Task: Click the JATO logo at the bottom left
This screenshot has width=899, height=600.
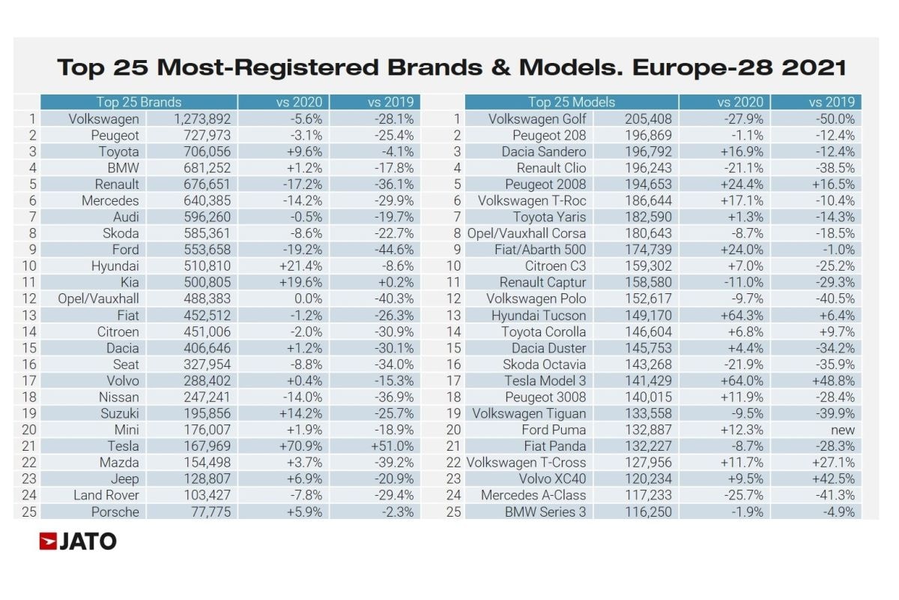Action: pos(78,541)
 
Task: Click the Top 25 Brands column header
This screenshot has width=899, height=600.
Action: pos(139,103)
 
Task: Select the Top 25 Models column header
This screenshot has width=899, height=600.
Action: pos(572,103)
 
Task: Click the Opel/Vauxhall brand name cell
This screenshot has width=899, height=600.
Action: pos(98,298)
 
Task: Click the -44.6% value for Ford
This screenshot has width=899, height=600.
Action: pos(392,250)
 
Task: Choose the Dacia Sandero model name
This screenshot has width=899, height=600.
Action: pos(544,151)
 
